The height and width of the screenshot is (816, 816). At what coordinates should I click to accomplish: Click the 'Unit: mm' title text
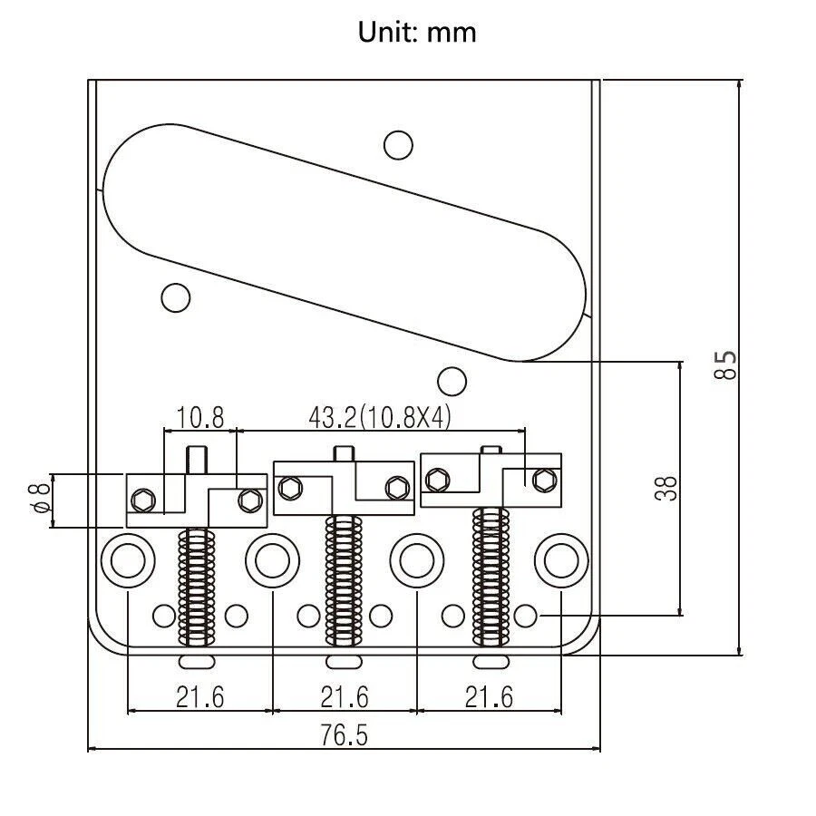point(417,33)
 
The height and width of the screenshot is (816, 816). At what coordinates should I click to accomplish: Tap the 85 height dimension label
point(725,365)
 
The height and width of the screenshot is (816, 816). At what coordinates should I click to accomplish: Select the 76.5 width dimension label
point(344,735)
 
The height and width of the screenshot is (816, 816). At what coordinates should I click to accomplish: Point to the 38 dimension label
point(666,488)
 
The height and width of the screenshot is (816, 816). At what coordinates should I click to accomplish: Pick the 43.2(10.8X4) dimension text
point(380,417)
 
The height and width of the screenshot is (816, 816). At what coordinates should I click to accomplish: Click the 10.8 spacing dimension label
point(200,417)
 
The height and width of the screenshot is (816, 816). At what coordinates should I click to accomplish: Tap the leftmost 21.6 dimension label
point(199,697)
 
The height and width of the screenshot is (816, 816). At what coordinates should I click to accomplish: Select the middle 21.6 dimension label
point(345,697)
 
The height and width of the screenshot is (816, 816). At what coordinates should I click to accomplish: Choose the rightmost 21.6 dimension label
point(489,697)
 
